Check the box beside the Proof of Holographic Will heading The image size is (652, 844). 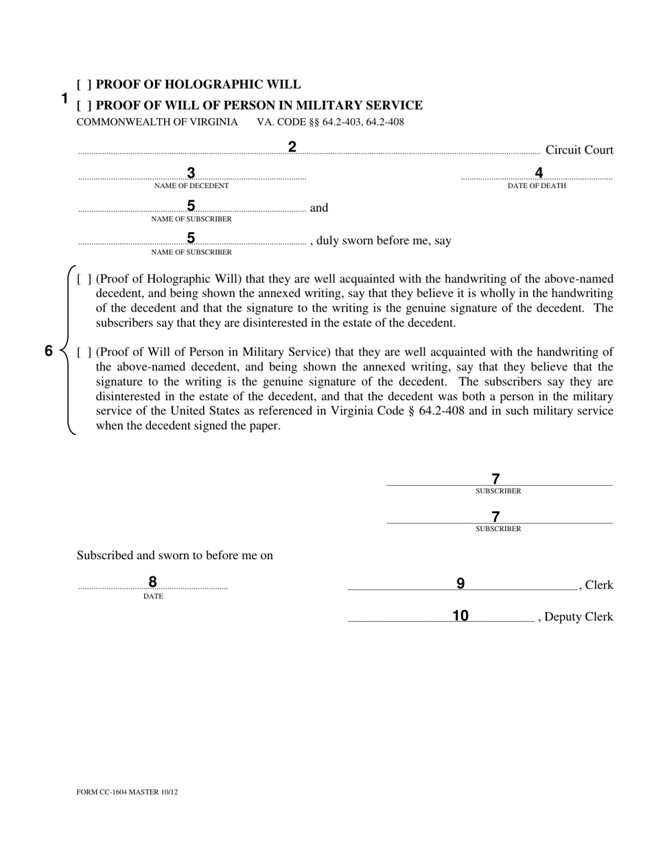[x=84, y=85]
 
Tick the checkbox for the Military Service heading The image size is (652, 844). [x=84, y=106]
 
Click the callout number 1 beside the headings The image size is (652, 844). [x=65, y=98]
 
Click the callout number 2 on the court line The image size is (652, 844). [x=292, y=147]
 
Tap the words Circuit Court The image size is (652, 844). [x=579, y=150]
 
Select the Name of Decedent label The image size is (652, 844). [x=191, y=186]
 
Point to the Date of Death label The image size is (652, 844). [x=537, y=186]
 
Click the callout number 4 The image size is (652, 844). [x=539, y=173]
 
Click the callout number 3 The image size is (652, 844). [x=191, y=173]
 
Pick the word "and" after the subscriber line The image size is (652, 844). [x=319, y=208]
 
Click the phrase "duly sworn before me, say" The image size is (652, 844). [x=384, y=241]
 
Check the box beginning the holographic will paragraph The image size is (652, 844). [x=84, y=279]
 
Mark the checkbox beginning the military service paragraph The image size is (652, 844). [x=84, y=353]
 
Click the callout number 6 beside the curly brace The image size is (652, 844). [x=49, y=351]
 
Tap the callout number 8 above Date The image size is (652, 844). [x=152, y=582]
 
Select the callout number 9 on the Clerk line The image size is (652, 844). [x=461, y=584]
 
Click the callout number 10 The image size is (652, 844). [x=461, y=616]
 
